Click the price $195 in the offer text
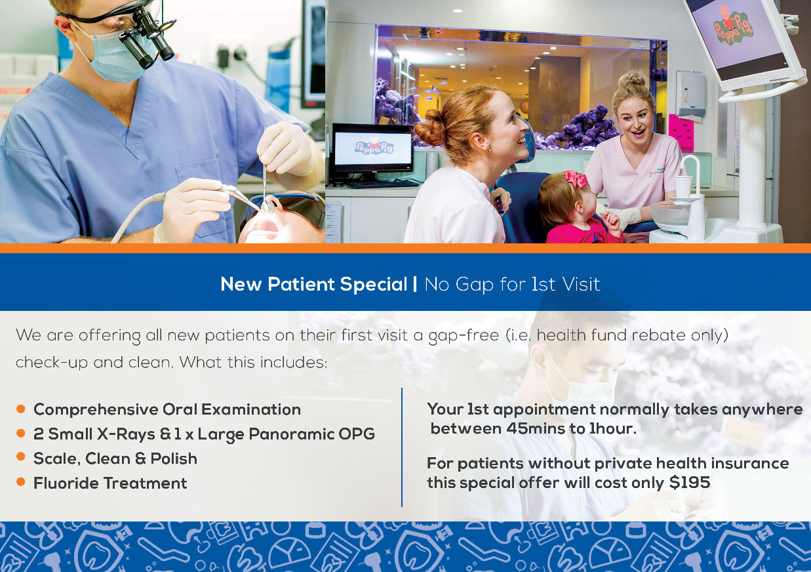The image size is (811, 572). coord(689,483)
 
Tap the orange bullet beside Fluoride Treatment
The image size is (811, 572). coord(21,481)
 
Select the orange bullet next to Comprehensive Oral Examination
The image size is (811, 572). coord(21,409)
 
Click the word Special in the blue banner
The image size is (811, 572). coord(374,285)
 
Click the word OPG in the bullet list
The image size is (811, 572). coord(357,434)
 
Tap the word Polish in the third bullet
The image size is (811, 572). coord(174,459)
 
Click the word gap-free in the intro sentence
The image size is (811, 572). coord(464,336)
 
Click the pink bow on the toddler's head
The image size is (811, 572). coord(576,179)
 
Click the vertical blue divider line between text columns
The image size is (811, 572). coord(402,447)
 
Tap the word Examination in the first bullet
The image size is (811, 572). coord(251,409)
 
